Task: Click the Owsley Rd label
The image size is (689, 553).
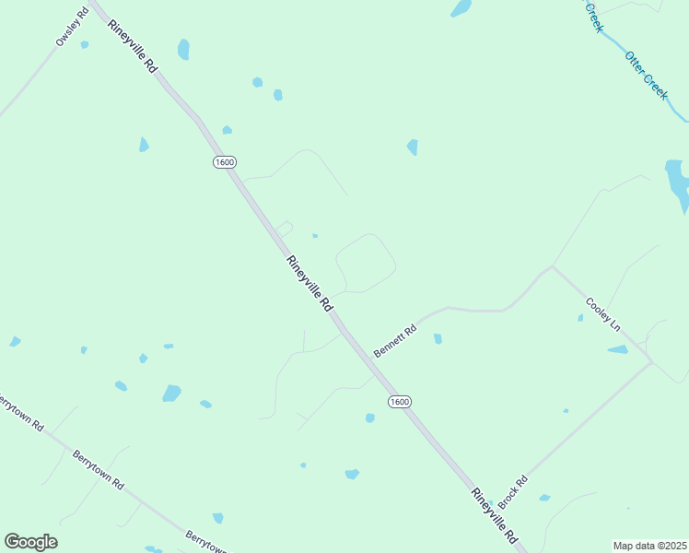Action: (x=71, y=26)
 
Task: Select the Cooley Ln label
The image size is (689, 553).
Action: (x=603, y=314)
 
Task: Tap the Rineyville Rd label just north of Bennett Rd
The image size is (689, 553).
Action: (x=309, y=283)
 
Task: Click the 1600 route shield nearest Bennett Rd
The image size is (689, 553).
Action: (x=399, y=402)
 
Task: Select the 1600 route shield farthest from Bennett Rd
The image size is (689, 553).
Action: (x=224, y=162)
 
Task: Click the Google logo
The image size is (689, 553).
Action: (x=30, y=542)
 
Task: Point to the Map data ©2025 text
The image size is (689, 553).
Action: (x=649, y=546)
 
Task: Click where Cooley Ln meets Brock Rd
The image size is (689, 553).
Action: (x=652, y=361)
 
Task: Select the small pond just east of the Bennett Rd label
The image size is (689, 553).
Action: (x=438, y=338)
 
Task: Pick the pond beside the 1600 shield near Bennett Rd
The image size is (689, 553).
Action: (x=369, y=418)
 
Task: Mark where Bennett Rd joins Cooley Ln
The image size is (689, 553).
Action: (x=553, y=267)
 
